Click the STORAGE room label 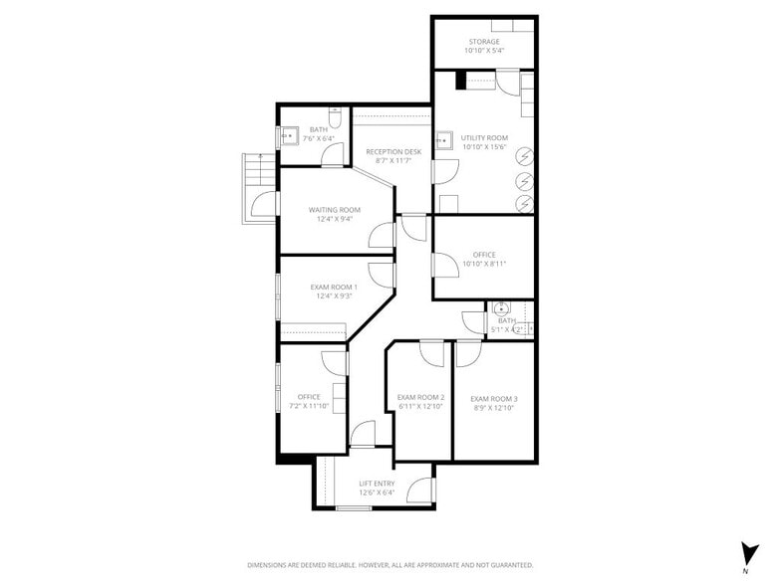click(x=484, y=42)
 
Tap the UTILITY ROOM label click(x=484, y=138)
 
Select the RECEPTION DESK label click(x=392, y=151)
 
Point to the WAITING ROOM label click(x=334, y=210)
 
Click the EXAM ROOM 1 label click(x=334, y=288)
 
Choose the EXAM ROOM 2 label click(x=420, y=398)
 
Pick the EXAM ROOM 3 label click(x=494, y=399)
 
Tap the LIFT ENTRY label click(x=377, y=484)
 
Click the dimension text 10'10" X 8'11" click(x=484, y=264)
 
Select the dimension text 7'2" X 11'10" click(x=309, y=406)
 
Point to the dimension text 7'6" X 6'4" click(x=318, y=138)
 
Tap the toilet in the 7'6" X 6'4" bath click(x=337, y=121)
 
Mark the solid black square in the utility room click(x=461, y=83)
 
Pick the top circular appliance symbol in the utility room click(x=524, y=155)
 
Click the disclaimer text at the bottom click(x=390, y=564)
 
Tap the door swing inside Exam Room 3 click(x=468, y=353)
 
